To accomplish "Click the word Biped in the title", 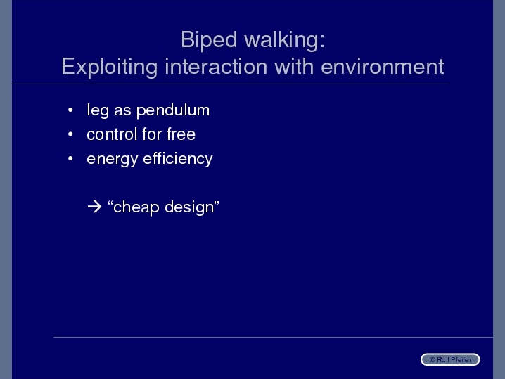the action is [209, 40].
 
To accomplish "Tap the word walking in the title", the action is [284, 40].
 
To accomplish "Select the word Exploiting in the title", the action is [109, 67].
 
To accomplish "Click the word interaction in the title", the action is [216, 66].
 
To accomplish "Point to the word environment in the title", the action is [383, 67].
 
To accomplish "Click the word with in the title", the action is [294, 66].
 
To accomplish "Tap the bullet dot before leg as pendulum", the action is [70, 110].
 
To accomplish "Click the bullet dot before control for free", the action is [70, 134].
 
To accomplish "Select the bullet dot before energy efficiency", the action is [70, 158].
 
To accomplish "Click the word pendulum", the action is [173, 111].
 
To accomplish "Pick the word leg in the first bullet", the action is [98, 111].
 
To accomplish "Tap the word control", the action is [112, 134].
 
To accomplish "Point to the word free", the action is [181, 134].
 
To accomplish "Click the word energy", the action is [113, 160].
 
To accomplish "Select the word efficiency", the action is [178, 159].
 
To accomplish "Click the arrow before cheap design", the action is [94, 207].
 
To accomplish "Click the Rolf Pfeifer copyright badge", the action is [450, 359].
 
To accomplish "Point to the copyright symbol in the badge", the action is [433, 360].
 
